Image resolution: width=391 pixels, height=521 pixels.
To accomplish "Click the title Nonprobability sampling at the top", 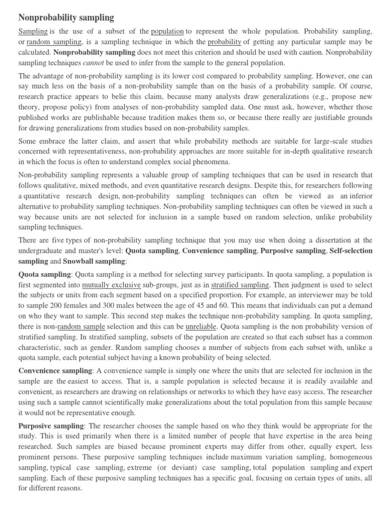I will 66,17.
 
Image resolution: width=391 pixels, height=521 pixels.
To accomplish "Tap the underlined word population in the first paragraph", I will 167,31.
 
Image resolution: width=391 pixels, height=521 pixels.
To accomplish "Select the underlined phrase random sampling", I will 54,42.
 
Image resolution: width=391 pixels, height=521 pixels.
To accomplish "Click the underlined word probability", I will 225,42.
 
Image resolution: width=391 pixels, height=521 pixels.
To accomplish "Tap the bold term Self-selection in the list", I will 351,250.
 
